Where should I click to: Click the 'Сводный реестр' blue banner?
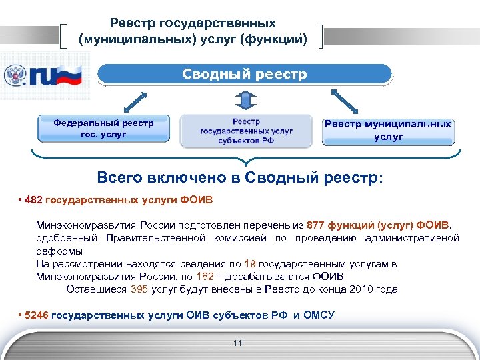[245, 74]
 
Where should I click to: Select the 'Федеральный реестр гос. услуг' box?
[103, 129]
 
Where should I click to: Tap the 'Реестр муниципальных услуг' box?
[388, 130]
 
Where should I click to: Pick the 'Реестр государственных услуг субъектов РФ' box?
[246, 130]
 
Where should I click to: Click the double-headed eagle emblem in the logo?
[14, 75]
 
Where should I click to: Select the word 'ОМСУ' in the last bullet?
[319, 315]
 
